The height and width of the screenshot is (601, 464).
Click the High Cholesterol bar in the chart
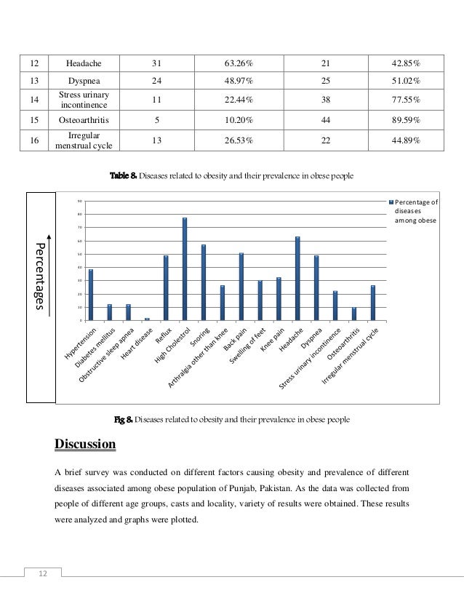click(185, 269)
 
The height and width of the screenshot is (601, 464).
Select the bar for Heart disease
click(147, 319)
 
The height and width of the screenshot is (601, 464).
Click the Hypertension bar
click(91, 295)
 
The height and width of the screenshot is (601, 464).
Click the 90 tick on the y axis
click(79, 201)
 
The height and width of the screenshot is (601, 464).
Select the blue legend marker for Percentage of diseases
click(391, 202)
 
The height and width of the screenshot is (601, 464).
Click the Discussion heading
click(85, 443)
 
